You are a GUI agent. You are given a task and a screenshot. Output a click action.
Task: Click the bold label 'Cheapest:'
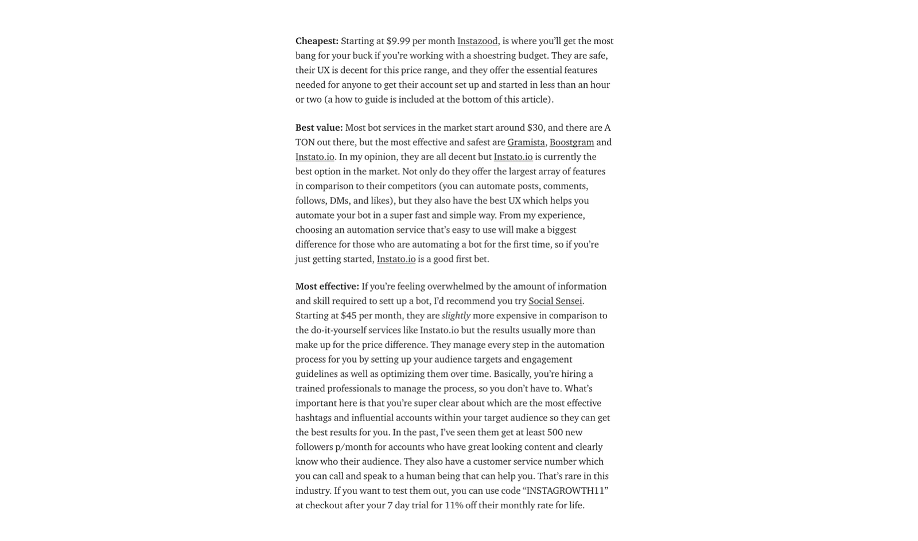[317, 41]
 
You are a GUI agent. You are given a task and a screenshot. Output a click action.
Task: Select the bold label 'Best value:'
[319, 127]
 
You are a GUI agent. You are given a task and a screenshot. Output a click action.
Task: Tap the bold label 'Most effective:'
[327, 286]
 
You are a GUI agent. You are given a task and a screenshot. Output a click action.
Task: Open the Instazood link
[477, 41]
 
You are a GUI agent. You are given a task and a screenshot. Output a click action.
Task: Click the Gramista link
[526, 142]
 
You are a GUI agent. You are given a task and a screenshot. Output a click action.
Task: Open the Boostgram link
[571, 142]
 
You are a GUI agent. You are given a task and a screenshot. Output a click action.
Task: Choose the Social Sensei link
[555, 301]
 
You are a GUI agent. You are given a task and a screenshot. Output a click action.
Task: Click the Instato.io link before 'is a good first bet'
[396, 259]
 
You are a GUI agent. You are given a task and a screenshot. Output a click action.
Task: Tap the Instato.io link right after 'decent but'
[513, 157]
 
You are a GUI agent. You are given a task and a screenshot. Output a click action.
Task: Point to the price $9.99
[398, 41]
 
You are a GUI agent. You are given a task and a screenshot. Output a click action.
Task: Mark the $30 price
[535, 127]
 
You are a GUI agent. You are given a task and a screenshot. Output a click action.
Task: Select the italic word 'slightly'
[456, 316]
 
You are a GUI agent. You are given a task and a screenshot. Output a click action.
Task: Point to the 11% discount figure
[454, 505]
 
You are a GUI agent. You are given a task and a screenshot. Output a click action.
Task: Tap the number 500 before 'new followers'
[555, 433]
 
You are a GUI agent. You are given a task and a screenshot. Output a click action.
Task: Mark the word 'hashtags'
[313, 418]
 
